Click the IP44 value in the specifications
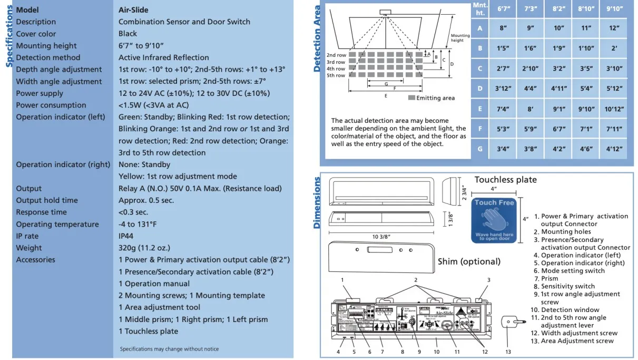pos(126,236)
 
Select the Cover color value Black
pos(128,34)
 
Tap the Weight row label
pos(29,248)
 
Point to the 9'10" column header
pos(614,9)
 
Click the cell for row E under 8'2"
pos(558,109)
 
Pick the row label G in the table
pos(480,149)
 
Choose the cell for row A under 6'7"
pos(503,28)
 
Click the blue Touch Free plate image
pos(494,220)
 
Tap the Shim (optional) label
pos(469,261)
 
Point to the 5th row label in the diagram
pos(336,75)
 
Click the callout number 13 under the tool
pos(508,352)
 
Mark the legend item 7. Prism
pos(549,278)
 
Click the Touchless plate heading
pos(505,180)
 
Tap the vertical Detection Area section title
pos(317,38)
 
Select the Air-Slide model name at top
pos(133,10)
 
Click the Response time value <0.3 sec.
pos(133,212)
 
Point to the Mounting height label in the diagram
pos(460,38)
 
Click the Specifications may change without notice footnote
pos(169,349)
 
